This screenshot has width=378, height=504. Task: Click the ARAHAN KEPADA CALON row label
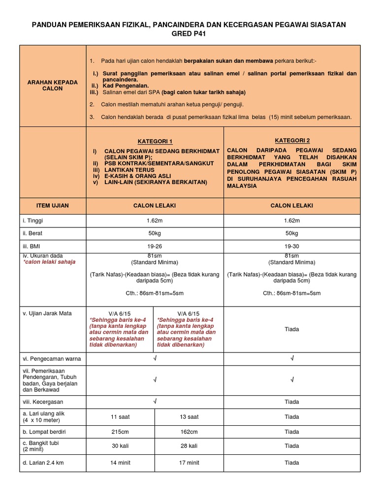click(52, 85)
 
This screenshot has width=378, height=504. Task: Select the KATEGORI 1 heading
click(155, 141)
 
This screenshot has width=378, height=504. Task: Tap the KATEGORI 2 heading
click(292, 140)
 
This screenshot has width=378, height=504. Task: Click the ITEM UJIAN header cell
click(53, 206)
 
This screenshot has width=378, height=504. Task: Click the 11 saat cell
click(121, 417)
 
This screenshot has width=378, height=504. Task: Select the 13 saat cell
click(189, 417)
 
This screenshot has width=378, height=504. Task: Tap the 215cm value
click(121, 432)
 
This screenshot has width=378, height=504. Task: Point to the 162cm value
click(189, 432)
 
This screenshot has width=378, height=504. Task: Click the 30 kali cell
click(121, 446)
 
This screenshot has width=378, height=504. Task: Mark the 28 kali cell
click(189, 446)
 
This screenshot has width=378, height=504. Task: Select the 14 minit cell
click(121, 463)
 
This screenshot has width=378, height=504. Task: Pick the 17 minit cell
click(189, 463)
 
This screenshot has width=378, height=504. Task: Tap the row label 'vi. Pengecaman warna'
click(52, 359)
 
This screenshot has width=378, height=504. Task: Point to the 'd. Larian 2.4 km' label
click(44, 463)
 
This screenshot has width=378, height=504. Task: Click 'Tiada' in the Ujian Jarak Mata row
click(292, 329)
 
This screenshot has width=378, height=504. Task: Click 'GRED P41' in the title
click(189, 33)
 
